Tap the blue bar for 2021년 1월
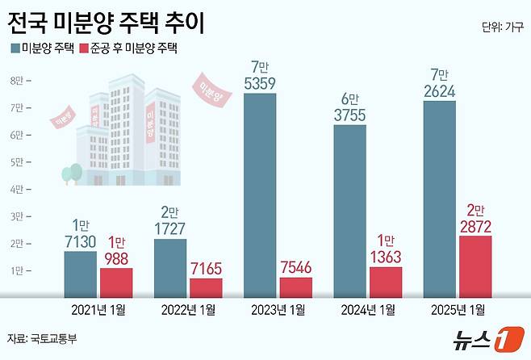(x=81, y=274)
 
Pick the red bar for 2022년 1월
(x=206, y=287)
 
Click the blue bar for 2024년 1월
(x=349, y=211)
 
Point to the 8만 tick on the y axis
(x=16, y=80)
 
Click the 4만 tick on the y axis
(x=16, y=190)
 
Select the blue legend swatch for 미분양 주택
(x=15, y=48)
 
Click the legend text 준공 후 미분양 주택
(x=141, y=48)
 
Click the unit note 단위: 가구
(x=502, y=27)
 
